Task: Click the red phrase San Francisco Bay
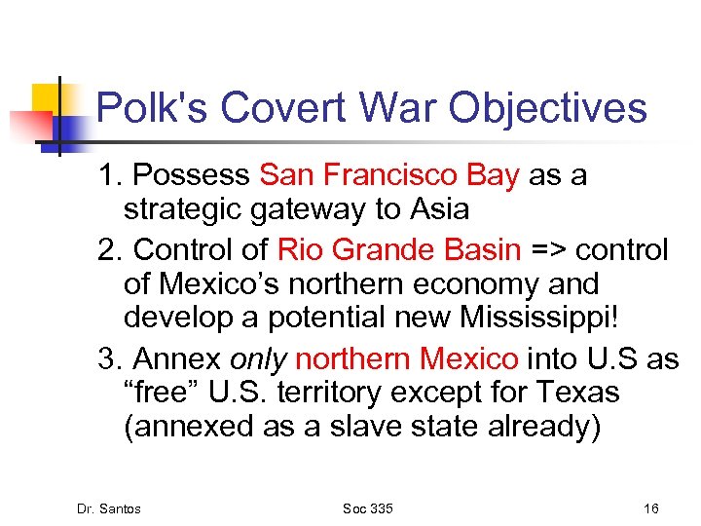pyautogui.click(x=389, y=175)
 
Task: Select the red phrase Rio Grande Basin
pyautogui.click(x=400, y=250)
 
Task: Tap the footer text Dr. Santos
pyautogui.click(x=108, y=508)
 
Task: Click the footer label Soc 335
pyautogui.click(x=369, y=508)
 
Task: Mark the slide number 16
pyautogui.click(x=651, y=508)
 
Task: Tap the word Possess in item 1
pyautogui.click(x=192, y=175)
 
